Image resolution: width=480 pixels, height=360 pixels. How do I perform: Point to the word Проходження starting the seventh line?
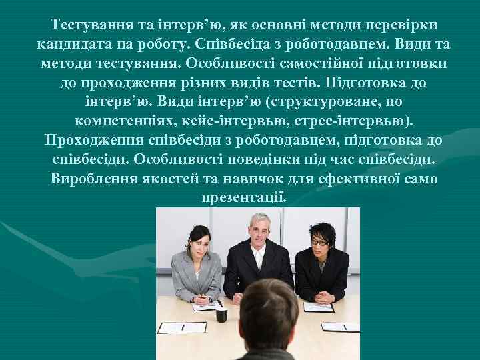coord(93,141)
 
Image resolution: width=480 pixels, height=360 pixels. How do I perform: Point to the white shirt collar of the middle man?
coord(257,251)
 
